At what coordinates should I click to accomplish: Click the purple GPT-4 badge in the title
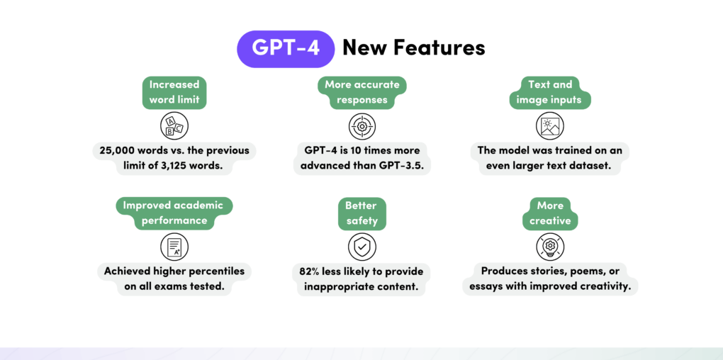pos(286,49)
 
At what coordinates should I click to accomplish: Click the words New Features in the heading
pos(414,47)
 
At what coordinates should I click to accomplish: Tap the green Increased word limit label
pos(174,92)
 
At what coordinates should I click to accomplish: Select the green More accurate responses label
pos(361,92)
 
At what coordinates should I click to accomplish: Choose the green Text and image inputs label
pos(549,92)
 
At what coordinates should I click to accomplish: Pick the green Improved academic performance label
pos(174,213)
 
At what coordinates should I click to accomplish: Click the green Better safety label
pos(361,213)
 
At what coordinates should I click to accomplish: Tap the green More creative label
pos(549,213)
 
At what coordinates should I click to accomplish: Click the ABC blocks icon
pos(174,126)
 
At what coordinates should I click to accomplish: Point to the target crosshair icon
pos(361,127)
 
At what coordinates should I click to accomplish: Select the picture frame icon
pos(549,126)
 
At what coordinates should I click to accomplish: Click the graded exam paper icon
pos(174,247)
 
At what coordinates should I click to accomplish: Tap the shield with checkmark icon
pos(361,247)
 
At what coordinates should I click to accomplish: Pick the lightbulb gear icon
pos(549,247)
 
